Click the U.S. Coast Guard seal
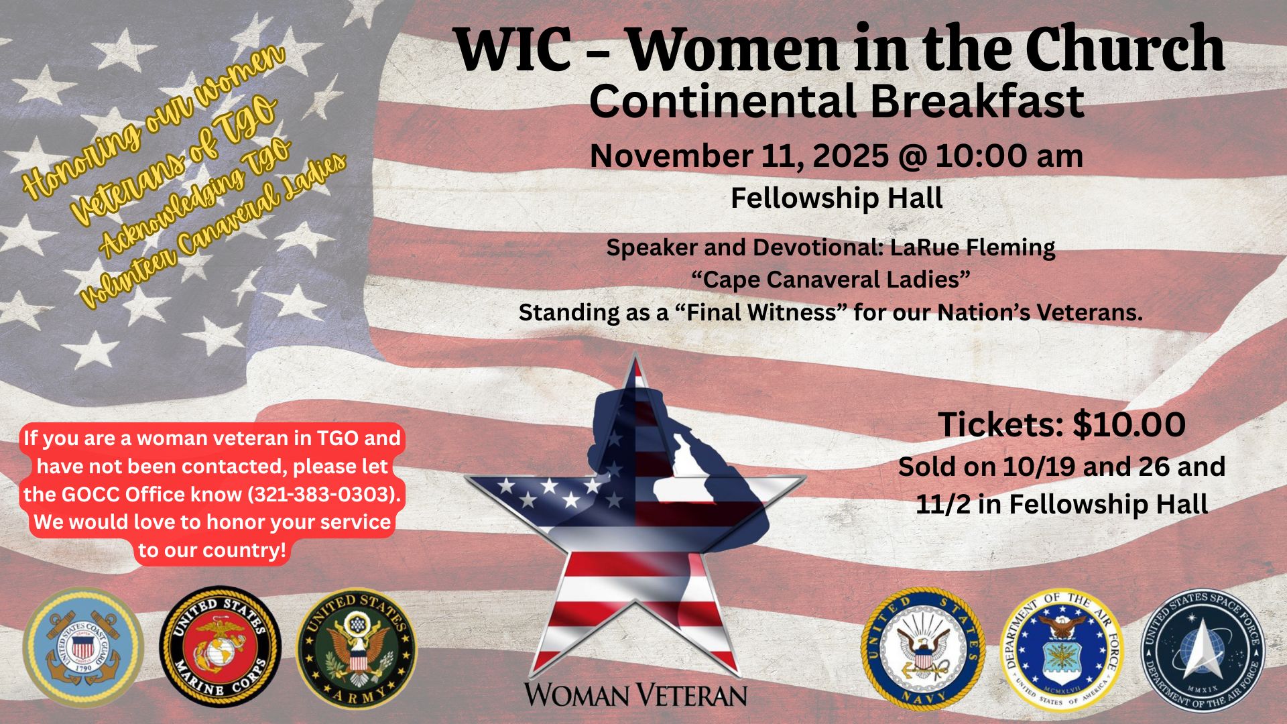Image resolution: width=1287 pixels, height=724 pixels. (84, 648)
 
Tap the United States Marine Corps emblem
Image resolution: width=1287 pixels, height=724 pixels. (221, 648)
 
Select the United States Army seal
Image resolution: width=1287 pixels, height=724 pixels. (357, 649)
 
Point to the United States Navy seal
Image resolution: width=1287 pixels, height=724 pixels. (923, 649)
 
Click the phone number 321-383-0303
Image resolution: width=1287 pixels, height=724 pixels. (320, 494)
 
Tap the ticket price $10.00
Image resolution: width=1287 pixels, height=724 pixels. (1129, 425)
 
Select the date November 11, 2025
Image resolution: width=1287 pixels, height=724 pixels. (739, 157)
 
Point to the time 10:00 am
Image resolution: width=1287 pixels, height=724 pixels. (1009, 156)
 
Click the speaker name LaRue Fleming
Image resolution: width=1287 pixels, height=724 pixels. (973, 247)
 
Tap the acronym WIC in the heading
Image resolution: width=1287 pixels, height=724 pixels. (513, 50)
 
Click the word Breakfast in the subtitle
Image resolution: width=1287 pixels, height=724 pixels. (977, 101)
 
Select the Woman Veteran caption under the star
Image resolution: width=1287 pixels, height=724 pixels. (635, 695)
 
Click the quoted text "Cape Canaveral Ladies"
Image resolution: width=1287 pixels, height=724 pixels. (831, 280)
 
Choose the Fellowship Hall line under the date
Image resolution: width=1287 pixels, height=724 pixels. (837, 198)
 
